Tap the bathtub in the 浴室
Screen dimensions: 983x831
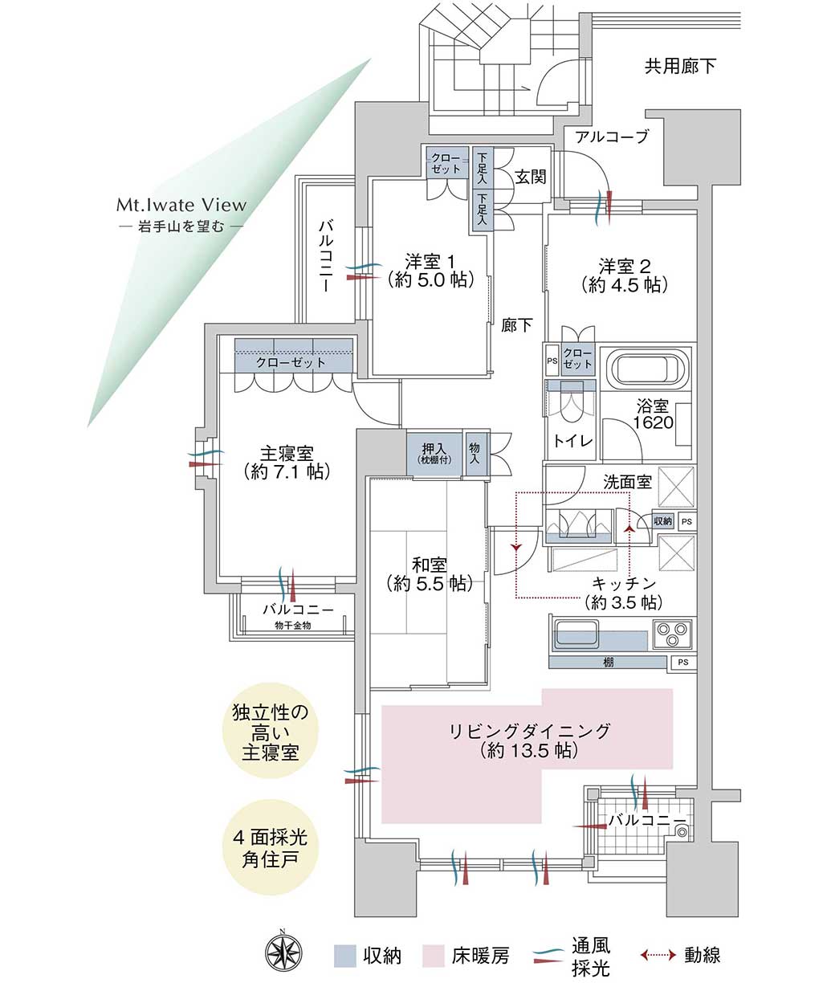(650, 370)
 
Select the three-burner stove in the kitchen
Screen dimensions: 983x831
(672, 634)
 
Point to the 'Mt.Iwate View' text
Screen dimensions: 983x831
(181, 205)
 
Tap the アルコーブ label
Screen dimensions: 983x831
(611, 137)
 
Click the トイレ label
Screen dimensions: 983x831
(573, 440)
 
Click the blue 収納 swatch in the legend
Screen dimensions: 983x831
(344, 955)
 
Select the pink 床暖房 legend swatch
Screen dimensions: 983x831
(434, 955)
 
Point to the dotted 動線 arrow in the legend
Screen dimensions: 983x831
(658, 955)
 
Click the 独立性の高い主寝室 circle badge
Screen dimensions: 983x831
(264, 732)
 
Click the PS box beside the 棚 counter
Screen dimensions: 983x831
(682, 663)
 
